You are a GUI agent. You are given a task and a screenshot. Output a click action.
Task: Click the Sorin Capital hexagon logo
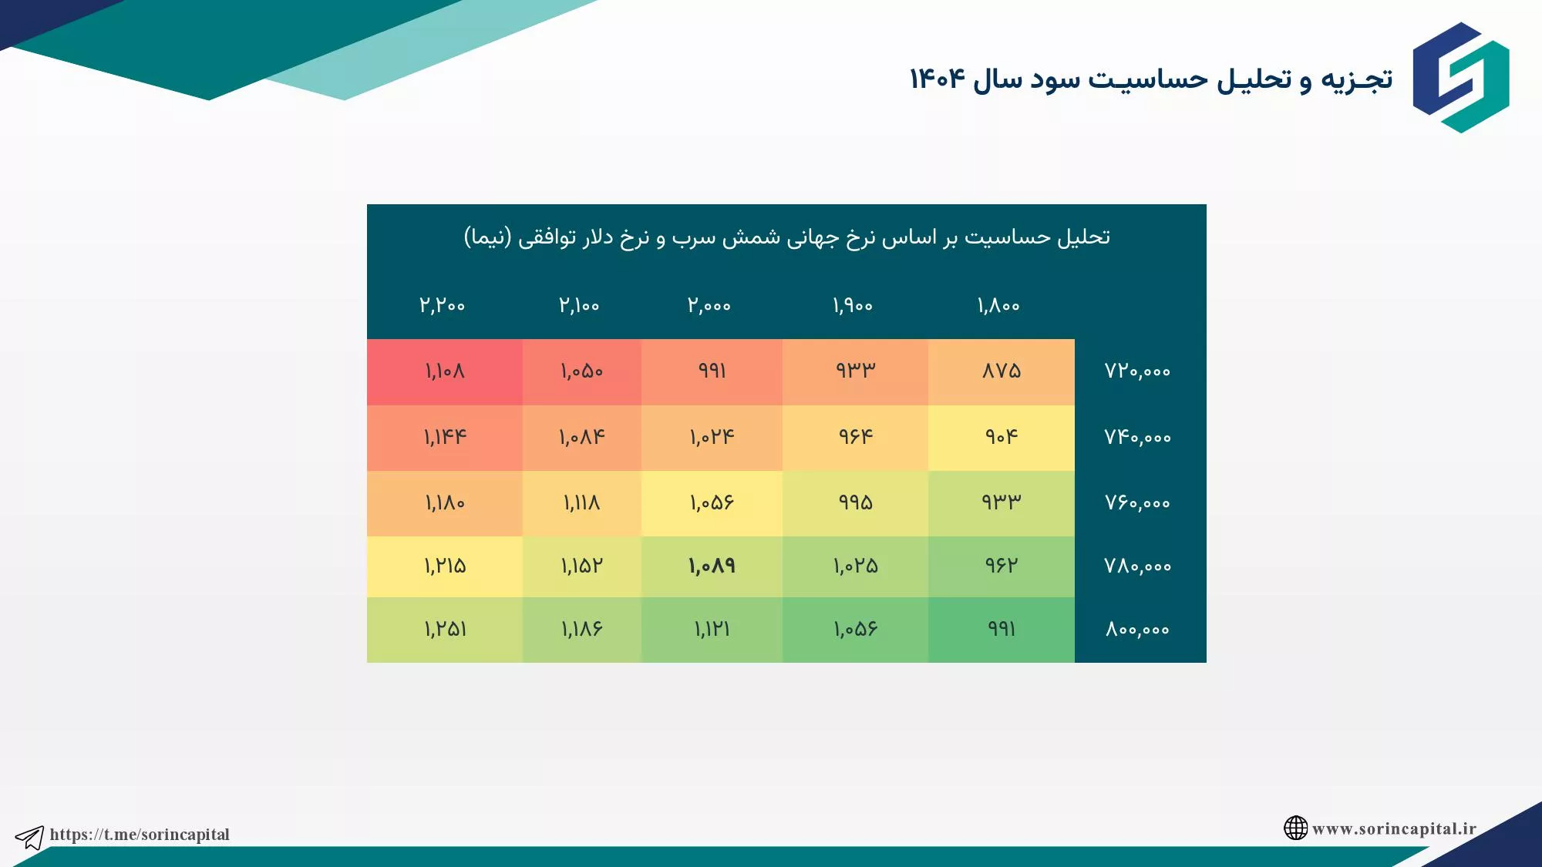1461,77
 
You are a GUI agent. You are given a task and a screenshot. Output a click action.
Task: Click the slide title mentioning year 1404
1151,79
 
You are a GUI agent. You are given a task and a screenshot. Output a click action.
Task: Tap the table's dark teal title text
786,237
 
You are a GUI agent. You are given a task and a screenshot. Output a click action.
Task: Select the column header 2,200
443,305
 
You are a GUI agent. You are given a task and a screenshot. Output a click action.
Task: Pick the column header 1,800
998,306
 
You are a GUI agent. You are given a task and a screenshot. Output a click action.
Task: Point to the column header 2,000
709,305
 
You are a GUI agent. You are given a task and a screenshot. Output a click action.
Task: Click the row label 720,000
1137,371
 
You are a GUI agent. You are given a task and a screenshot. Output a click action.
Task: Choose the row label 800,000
1137,630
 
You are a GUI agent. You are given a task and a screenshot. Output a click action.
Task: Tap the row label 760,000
1137,503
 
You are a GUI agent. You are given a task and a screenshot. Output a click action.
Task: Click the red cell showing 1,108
445,372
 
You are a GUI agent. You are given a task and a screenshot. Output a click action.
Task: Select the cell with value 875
1002,372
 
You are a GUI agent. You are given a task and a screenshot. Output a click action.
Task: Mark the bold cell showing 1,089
712,566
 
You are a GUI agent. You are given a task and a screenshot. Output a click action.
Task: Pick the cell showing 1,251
445,630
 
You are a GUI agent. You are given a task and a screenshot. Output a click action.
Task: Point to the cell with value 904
1002,438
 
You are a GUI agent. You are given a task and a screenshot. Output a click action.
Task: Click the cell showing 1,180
445,503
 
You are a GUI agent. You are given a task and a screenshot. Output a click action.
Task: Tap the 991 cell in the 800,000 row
1002,630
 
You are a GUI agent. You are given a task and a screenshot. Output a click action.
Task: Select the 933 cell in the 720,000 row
855,372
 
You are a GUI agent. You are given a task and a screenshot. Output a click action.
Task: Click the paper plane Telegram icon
30,837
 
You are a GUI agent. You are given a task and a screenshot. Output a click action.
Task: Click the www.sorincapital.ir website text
1394,828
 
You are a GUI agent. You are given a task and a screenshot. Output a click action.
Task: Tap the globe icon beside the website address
1295,828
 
